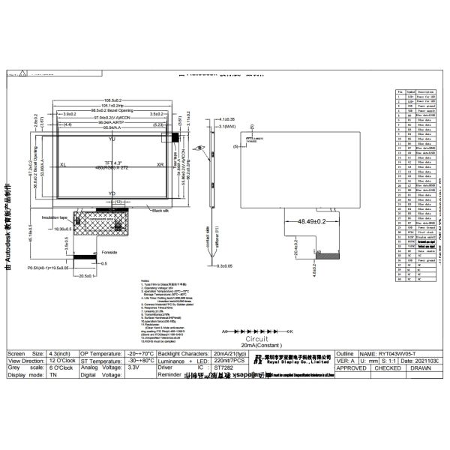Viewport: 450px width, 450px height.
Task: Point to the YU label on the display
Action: pyautogui.click(x=112, y=139)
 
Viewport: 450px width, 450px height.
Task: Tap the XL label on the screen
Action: pyautogui.click(x=63, y=163)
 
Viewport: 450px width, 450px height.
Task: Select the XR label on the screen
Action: pyautogui.click(x=160, y=163)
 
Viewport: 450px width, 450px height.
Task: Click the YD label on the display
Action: pyautogui.click(x=112, y=193)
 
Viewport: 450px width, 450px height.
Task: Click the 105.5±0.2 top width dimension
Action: pyautogui.click(x=112, y=100)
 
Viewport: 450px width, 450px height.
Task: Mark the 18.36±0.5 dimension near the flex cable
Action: pyautogui.click(x=59, y=228)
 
